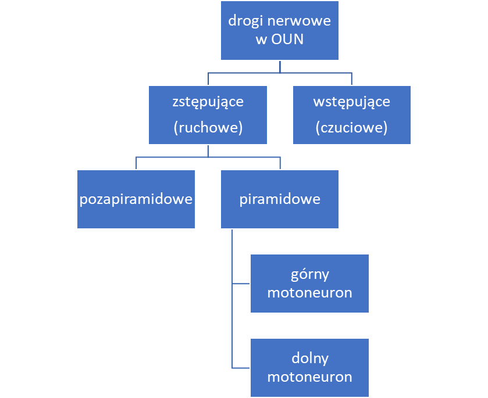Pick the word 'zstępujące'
click(x=208, y=102)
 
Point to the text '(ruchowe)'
click(x=208, y=128)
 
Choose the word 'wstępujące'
click(x=351, y=102)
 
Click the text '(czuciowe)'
click(x=351, y=128)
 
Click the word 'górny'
click(x=309, y=273)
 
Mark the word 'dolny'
click(x=309, y=357)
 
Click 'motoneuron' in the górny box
click(x=309, y=292)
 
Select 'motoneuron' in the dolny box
click(x=309, y=377)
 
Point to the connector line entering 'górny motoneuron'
click(x=241, y=284)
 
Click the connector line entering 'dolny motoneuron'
click(x=241, y=368)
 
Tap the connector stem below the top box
click(x=280, y=66)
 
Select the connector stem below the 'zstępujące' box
click(x=208, y=150)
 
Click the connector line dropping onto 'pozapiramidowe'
click(x=136, y=163)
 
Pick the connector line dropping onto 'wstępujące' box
click(x=351, y=78)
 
